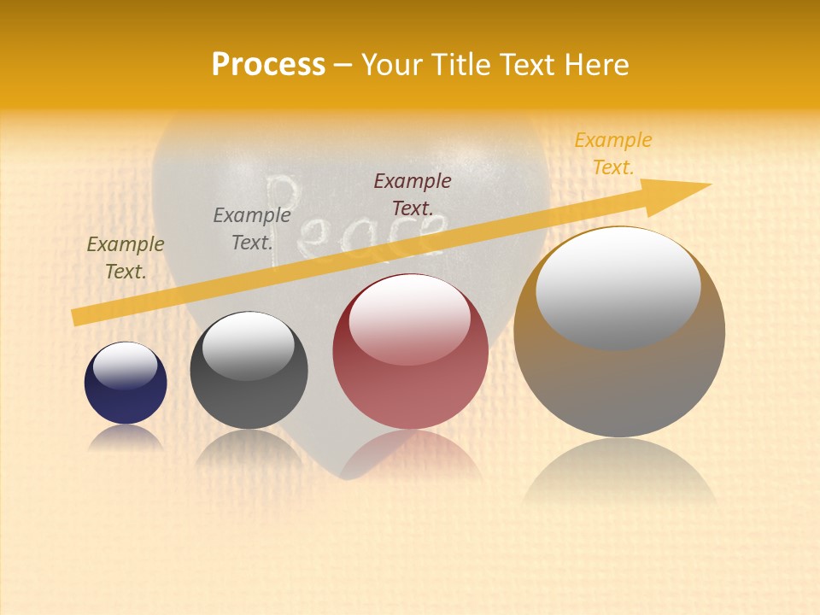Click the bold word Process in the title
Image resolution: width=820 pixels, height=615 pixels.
click(268, 65)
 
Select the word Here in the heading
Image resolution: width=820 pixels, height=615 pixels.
click(597, 65)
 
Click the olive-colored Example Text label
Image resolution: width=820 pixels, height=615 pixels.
click(126, 258)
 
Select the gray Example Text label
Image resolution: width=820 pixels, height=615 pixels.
click(252, 229)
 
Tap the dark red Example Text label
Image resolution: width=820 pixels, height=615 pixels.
click(413, 194)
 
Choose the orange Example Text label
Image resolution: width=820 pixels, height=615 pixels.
click(613, 154)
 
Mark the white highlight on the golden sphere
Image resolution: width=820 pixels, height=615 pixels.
click(618, 286)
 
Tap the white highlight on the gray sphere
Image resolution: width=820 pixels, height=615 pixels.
click(248, 345)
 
